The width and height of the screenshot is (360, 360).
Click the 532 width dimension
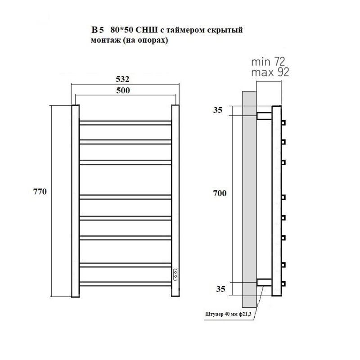(x=122, y=79)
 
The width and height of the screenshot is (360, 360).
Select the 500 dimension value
(x=123, y=90)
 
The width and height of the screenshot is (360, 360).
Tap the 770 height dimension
(x=40, y=192)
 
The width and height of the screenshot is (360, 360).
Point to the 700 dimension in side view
(x=220, y=193)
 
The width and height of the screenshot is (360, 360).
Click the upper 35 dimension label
(x=218, y=110)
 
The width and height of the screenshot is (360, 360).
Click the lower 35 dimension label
(x=220, y=289)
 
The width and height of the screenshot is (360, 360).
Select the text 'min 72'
(x=268, y=62)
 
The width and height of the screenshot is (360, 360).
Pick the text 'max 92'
(x=270, y=72)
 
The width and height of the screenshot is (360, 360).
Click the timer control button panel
(x=175, y=274)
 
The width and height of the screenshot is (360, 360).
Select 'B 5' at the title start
(x=98, y=30)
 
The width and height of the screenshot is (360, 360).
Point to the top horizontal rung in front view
(x=126, y=123)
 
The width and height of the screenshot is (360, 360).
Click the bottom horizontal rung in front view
(x=126, y=284)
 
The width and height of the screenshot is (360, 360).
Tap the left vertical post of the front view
(x=75, y=201)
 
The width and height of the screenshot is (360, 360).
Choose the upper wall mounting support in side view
(x=264, y=116)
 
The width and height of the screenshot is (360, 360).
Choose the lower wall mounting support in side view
(x=264, y=282)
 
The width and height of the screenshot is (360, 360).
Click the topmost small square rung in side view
(x=283, y=123)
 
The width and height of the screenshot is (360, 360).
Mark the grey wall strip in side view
(x=249, y=199)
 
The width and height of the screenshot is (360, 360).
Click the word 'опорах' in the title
(x=151, y=40)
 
